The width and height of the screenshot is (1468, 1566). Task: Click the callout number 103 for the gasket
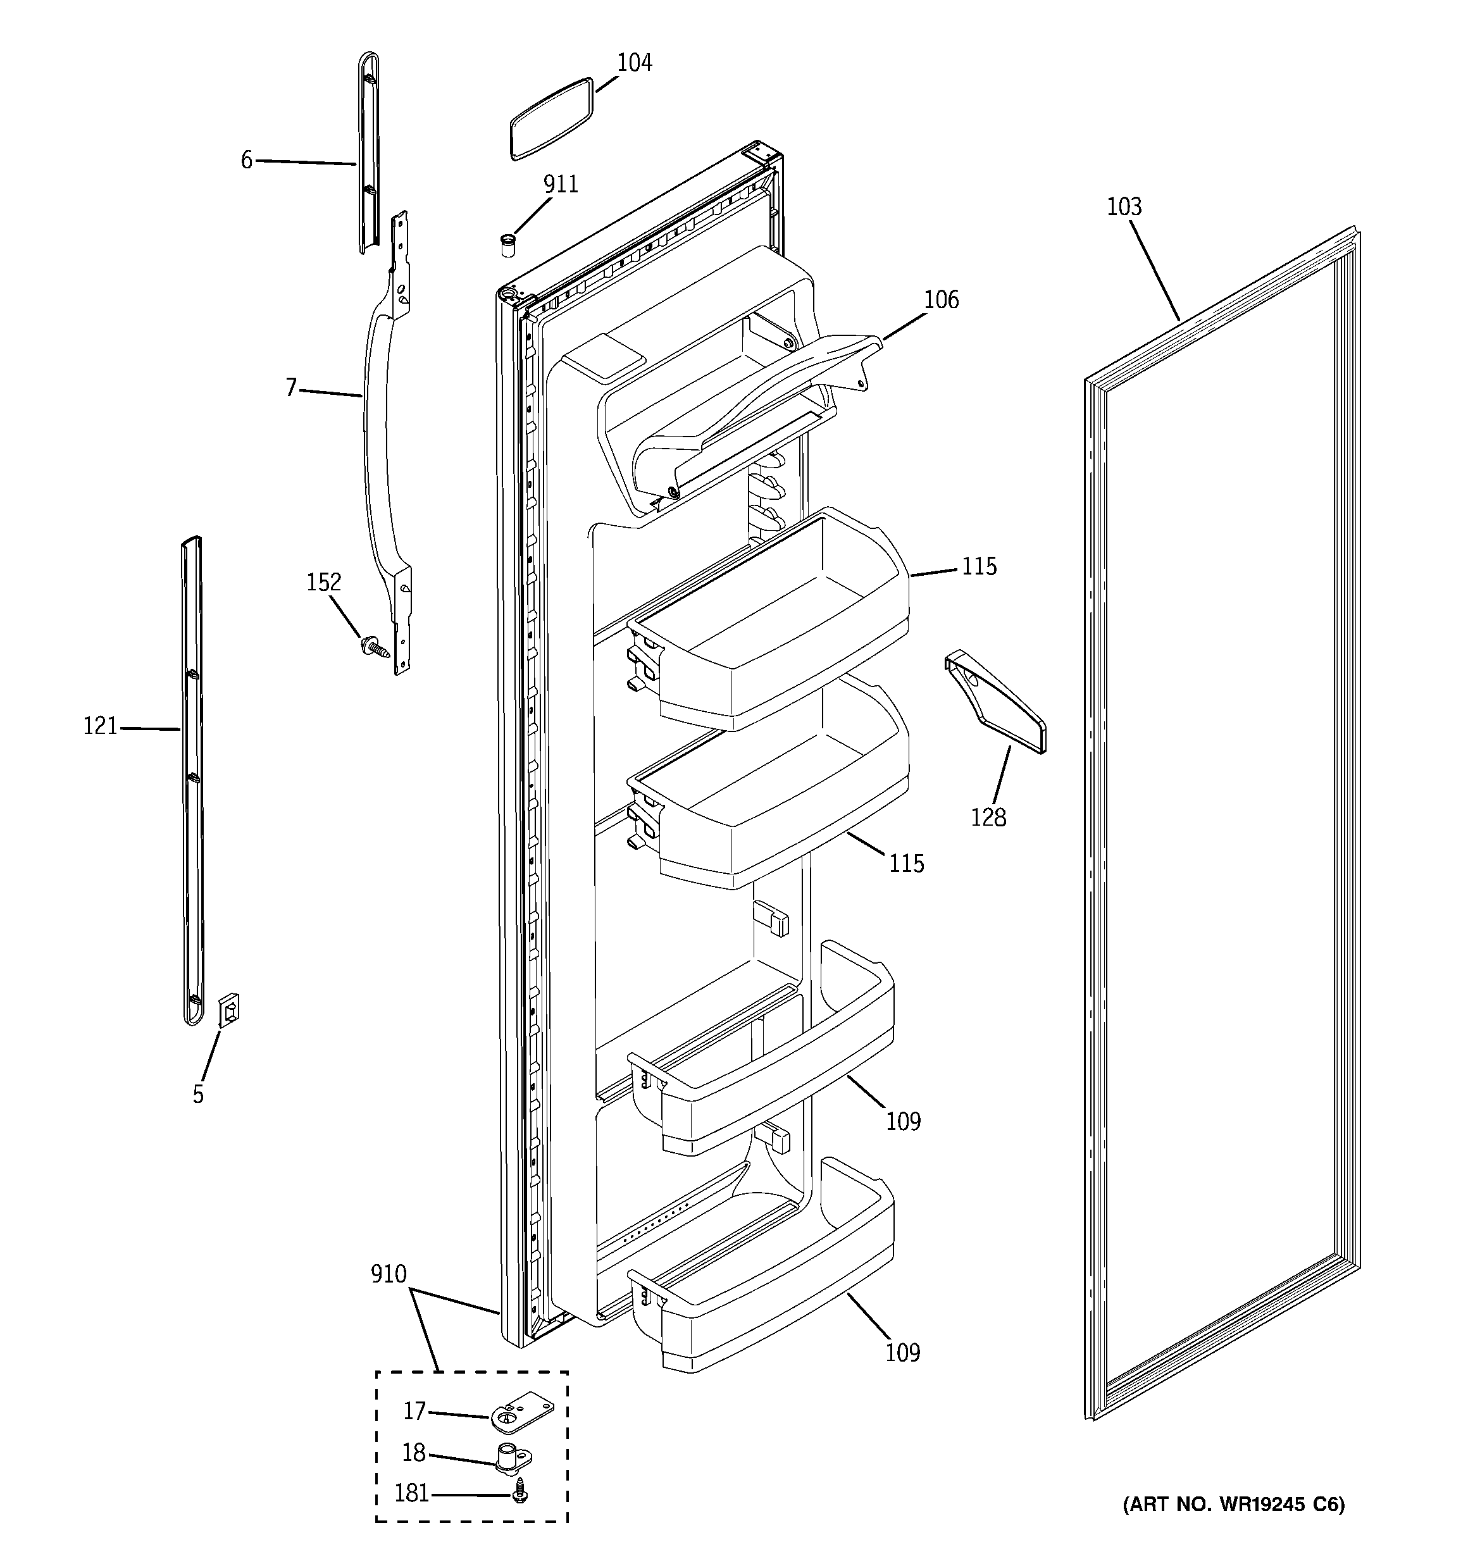(x=1124, y=207)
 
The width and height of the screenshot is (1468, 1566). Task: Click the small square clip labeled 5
(x=229, y=1009)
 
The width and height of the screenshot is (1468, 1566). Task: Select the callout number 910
(x=389, y=1274)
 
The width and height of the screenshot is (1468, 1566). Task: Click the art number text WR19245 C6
(x=1233, y=1526)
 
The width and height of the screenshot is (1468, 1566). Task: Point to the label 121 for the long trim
(x=100, y=726)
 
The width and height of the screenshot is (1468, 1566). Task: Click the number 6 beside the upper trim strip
(x=247, y=161)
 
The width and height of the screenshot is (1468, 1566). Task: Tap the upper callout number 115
(x=979, y=566)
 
